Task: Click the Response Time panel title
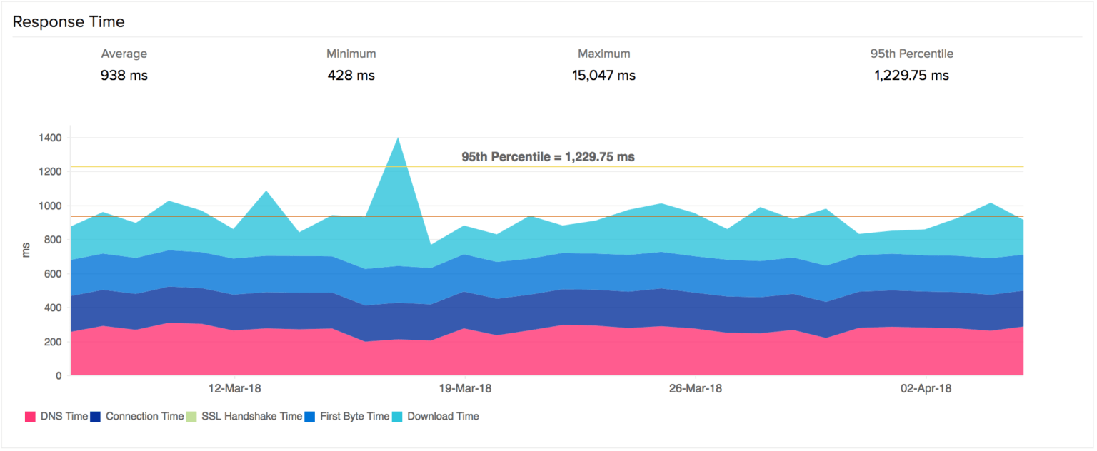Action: point(69,22)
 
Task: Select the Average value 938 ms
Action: point(124,75)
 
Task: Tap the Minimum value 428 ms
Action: point(351,75)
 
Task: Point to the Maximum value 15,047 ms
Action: point(603,75)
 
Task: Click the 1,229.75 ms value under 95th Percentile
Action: point(911,75)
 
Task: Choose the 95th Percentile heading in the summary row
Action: point(911,54)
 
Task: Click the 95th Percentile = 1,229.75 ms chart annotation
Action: point(548,156)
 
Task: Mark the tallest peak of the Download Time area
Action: point(398,138)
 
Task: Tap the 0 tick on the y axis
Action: point(59,375)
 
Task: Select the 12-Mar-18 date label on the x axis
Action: point(234,389)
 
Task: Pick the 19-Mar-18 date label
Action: point(465,389)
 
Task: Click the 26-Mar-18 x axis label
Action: point(695,389)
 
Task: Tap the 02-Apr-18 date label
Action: point(926,389)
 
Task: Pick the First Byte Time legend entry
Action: point(347,416)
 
